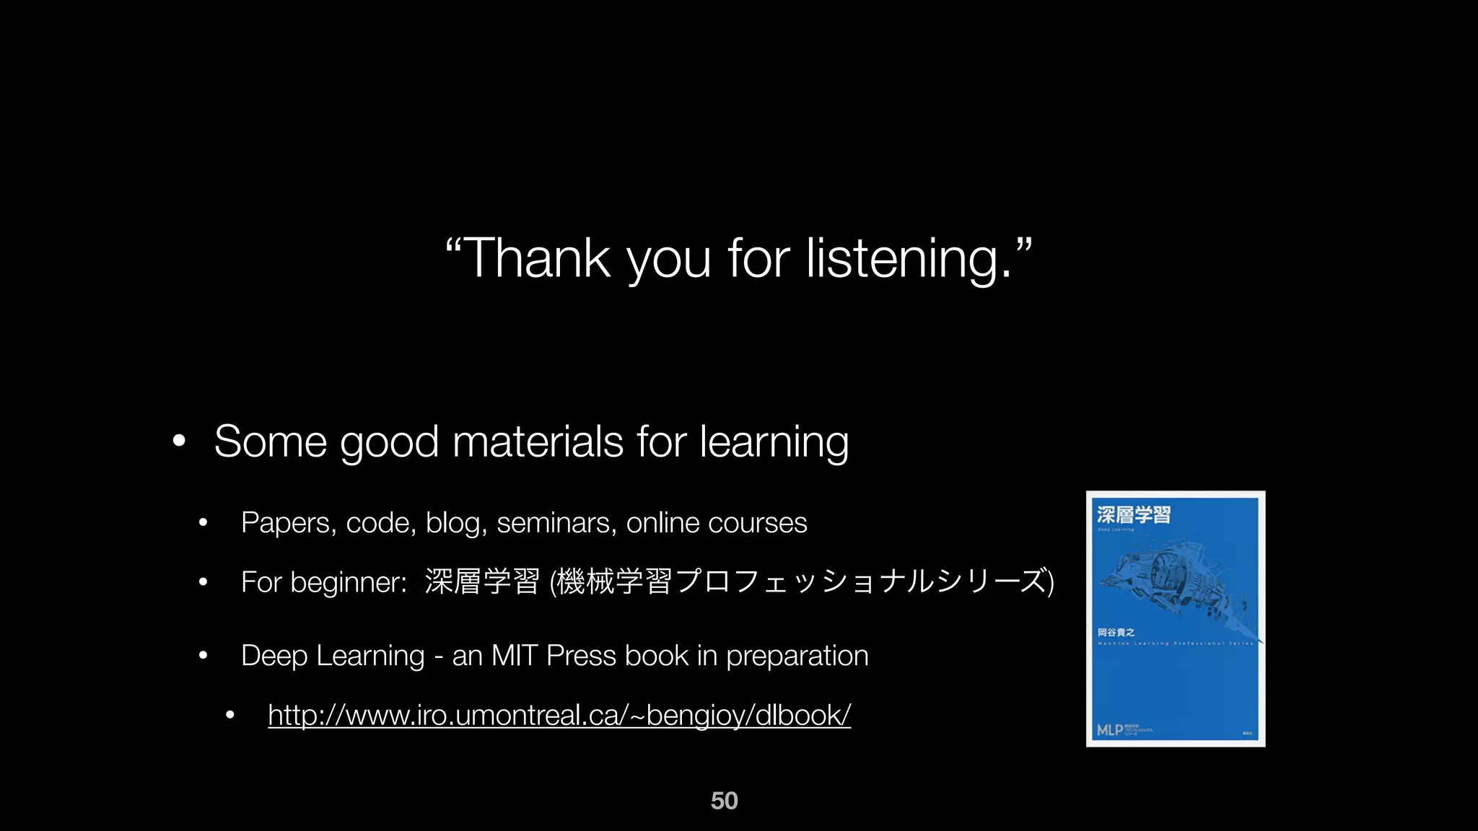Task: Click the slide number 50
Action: [724, 801]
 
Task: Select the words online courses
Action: [716, 523]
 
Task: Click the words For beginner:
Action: [323, 582]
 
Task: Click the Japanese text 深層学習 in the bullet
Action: [482, 581]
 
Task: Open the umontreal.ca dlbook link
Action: [559, 716]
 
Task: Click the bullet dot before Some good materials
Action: [179, 441]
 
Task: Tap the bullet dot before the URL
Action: [229, 716]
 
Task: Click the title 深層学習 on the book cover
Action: [1133, 515]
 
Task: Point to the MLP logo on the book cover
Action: [1110, 730]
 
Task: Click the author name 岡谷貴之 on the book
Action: [1116, 633]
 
